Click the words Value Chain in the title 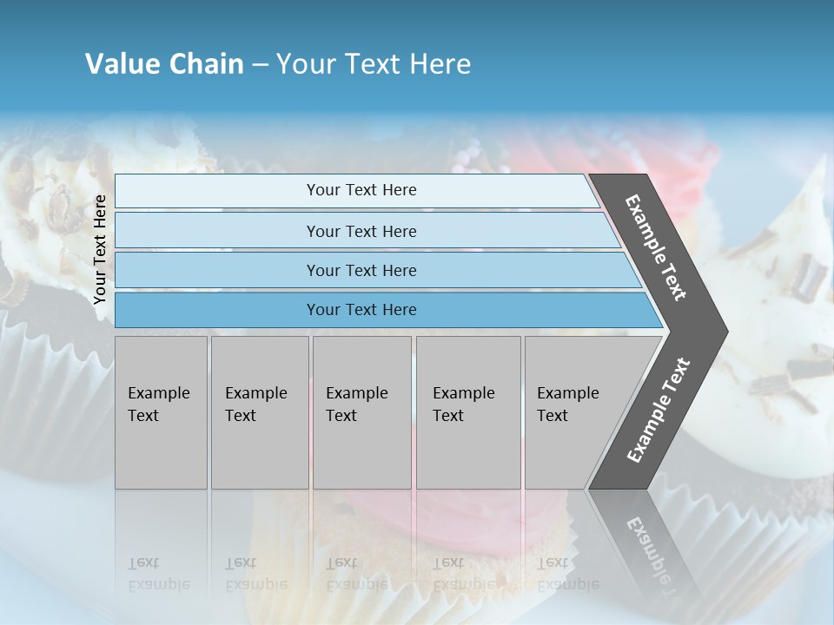click(164, 64)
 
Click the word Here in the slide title click(440, 64)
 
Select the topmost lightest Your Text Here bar click(361, 190)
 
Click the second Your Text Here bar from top click(361, 231)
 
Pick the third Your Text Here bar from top click(361, 270)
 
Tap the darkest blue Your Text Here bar click(361, 310)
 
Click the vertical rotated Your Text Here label click(100, 249)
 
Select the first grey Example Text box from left click(161, 412)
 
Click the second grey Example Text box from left click(259, 412)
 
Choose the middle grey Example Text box click(361, 412)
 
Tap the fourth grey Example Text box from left click(467, 412)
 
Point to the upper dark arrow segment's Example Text click(656, 247)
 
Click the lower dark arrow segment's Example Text click(658, 411)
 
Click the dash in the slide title click(259, 65)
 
